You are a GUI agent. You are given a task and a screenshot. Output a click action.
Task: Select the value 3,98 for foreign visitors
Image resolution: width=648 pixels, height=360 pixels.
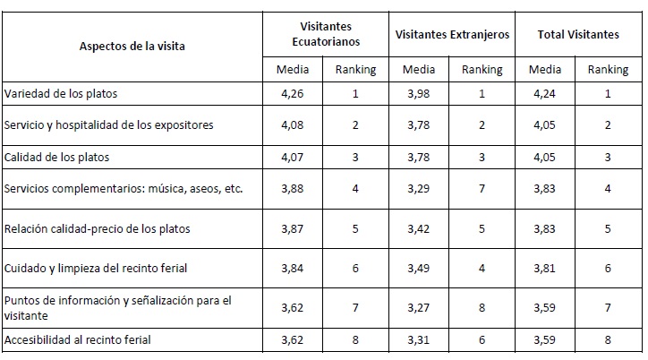click(419, 94)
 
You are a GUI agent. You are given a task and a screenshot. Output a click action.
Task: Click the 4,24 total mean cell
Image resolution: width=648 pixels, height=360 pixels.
click(545, 94)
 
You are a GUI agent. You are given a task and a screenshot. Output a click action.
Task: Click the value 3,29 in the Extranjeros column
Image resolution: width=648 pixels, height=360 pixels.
click(419, 188)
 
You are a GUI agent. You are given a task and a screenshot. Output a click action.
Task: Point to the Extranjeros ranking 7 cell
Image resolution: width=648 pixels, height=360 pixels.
click(482, 188)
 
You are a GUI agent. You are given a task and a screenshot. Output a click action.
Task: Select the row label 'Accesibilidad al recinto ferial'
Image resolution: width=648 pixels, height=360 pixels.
click(78, 340)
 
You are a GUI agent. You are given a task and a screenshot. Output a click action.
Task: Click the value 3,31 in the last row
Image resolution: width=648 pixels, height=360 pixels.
click(419, 340)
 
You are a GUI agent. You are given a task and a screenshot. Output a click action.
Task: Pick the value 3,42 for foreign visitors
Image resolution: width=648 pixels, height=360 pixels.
click(419, 228)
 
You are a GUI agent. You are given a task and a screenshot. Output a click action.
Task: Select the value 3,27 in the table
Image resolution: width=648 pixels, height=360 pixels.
click(419, 305)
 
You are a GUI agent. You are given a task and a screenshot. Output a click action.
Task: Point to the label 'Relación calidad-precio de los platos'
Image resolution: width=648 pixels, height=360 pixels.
click(97, 228)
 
